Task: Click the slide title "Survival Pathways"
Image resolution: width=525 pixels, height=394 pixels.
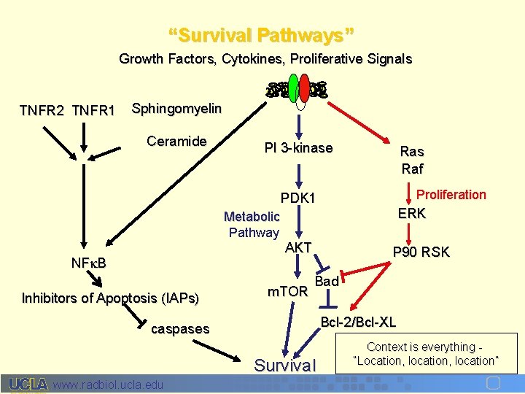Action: [262, 35]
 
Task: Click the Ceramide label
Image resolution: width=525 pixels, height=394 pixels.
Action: [176, 141]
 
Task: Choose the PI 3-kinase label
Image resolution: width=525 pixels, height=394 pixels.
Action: [298, 148]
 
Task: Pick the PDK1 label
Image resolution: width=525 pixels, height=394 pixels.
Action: [298, 198]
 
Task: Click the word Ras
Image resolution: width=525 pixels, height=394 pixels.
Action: [412, 152]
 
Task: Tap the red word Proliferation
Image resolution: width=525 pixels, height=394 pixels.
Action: [451, 194]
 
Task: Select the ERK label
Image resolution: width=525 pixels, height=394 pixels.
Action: [412, 213]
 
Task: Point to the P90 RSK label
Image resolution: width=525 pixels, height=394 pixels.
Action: [421, 252]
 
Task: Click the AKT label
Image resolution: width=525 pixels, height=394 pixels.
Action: [298, 247]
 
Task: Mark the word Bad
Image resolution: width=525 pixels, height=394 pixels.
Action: [327, 281]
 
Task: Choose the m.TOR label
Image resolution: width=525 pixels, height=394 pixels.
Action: [287, 292]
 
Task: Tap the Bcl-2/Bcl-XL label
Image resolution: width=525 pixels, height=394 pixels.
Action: [358, 322]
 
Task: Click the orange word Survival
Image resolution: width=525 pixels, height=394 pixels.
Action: [285, 365]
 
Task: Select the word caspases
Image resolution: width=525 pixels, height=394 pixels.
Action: [179, 329]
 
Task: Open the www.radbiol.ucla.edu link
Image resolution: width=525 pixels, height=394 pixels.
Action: [109, 385]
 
